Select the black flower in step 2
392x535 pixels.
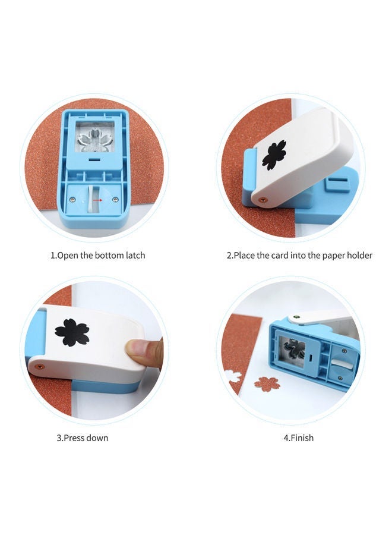click(x=274, y=155)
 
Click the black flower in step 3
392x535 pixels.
click(x=72, y=332)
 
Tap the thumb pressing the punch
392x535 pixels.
click(x=144, y=352)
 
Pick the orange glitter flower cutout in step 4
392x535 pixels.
click(x=267, y=384)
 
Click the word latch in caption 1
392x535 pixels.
click(x=134, y=256)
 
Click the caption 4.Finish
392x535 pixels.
click(x=298, y=438)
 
